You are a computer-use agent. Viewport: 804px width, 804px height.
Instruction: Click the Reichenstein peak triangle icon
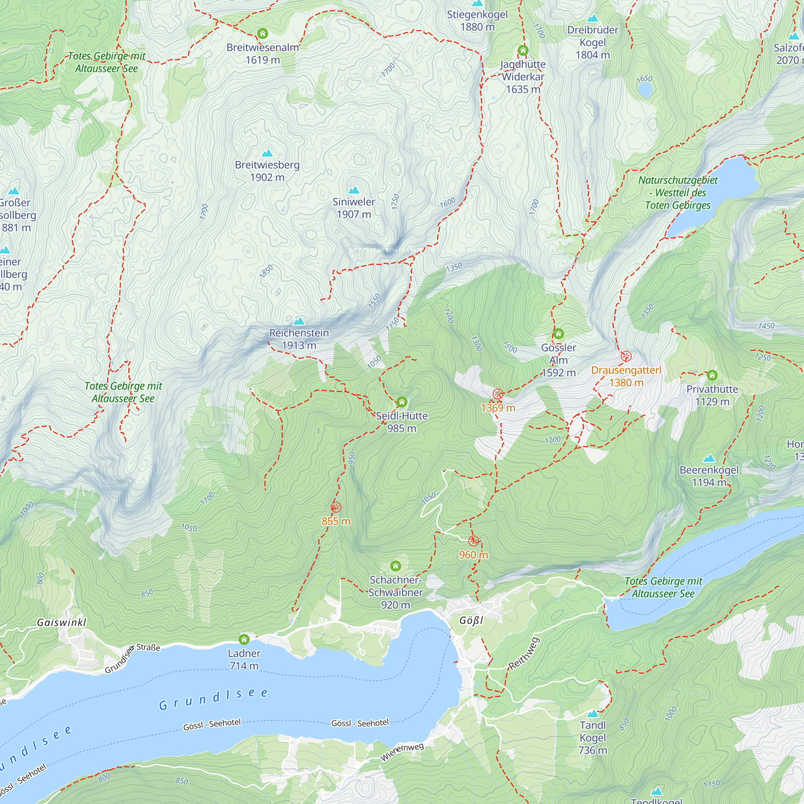(x=299, y=321)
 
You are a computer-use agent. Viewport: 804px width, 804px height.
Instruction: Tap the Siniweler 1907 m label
(x=354, y=208)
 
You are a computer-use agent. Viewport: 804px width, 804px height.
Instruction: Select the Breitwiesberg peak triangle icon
(x=267, y=153)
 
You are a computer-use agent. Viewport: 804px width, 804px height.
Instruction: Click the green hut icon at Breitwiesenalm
(x=263, y=33)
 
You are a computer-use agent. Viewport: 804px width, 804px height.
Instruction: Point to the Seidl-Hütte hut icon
(x=402, y=402)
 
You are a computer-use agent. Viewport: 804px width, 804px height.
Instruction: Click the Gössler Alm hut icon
(x=558, y=334)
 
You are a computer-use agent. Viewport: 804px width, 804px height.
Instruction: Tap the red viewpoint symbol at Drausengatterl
(x=626, y=356)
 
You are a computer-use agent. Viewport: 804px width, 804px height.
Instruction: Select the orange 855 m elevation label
(x=336, y=521)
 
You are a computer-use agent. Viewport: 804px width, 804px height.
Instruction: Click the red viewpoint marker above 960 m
(x=474, y=541)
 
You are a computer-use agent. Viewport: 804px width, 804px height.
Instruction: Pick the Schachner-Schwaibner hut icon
(x=395, y=566)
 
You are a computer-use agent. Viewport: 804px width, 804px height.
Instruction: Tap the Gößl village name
(x=471, y=620)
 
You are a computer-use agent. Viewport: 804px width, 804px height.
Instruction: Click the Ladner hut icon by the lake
(x=244, y=639)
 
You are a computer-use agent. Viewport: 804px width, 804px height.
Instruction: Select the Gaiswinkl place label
(x=62, y=622)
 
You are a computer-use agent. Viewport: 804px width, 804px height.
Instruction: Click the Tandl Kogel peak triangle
(x=593, y=714)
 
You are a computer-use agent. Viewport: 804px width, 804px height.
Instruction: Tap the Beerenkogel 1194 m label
(x=709, y=476)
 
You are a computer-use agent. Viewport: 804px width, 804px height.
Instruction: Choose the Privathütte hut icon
(x=712, y=375)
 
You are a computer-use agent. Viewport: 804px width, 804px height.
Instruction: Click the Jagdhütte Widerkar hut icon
(x=523, y=51)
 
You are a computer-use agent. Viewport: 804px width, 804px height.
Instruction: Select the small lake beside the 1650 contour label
(x=645, y=90)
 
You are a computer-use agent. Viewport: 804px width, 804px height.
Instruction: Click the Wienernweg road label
(x=402, y=752)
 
